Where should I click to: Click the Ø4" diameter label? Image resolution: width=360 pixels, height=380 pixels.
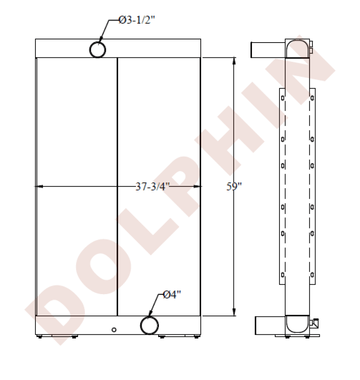point(172,294)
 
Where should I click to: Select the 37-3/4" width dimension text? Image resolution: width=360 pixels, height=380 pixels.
point(152,187)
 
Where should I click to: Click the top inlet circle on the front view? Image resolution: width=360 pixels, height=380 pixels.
point(98,49)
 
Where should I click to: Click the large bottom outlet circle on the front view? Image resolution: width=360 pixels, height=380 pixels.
point(149,325)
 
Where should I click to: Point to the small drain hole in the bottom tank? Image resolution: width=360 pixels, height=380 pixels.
point(114,329)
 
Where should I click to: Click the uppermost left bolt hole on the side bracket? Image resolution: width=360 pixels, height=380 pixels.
point(282,98)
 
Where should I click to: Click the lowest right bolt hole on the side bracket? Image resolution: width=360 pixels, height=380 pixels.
point(312,274)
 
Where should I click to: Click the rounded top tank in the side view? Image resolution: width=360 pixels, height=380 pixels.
point(297,48)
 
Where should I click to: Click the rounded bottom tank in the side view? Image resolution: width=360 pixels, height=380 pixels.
point(297,324)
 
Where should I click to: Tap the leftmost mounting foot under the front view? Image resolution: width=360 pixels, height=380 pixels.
point(40,336)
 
